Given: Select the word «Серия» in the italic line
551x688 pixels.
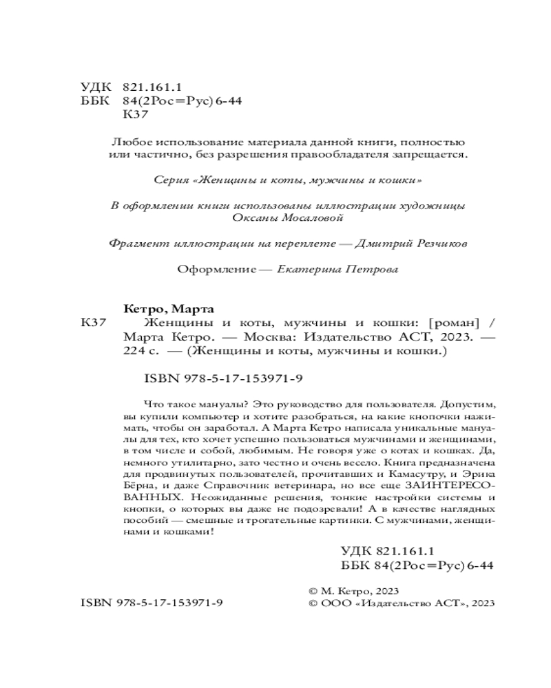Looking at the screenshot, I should (x=171, y=180).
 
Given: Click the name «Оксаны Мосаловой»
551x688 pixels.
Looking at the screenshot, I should (x=288, y=218).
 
